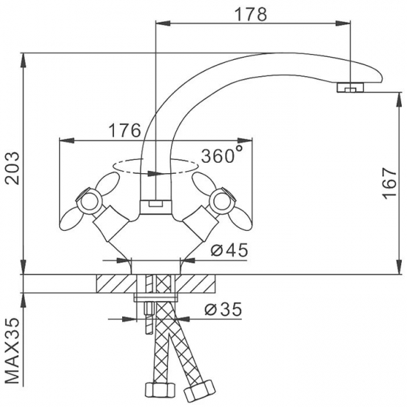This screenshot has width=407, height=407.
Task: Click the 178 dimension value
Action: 250,14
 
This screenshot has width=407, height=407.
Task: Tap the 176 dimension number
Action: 124,130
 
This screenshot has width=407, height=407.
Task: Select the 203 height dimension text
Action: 13,168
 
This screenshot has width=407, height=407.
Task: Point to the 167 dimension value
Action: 389,184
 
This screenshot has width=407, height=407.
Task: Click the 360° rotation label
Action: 222,155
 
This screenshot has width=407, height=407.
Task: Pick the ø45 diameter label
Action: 229,250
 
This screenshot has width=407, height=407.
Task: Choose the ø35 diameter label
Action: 223,309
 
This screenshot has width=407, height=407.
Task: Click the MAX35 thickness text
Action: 13,351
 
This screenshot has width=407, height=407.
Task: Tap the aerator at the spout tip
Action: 350,87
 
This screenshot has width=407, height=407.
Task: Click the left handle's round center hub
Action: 90,202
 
